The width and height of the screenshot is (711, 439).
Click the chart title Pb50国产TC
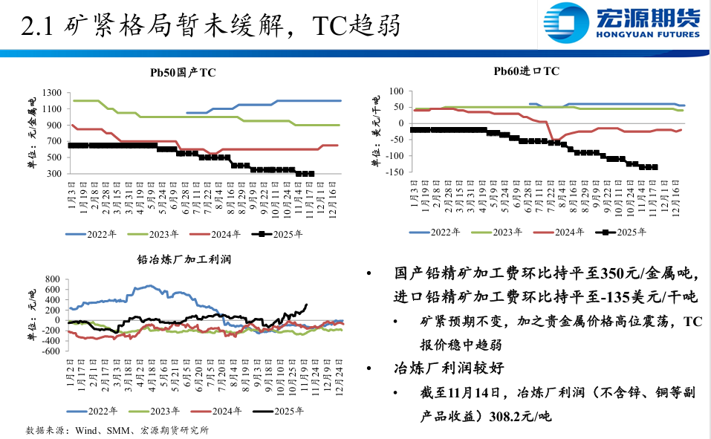(x=183, y=72)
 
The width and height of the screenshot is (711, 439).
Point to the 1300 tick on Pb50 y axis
(x=53, y=93)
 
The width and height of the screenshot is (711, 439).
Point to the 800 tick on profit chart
(x=51, y=280)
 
